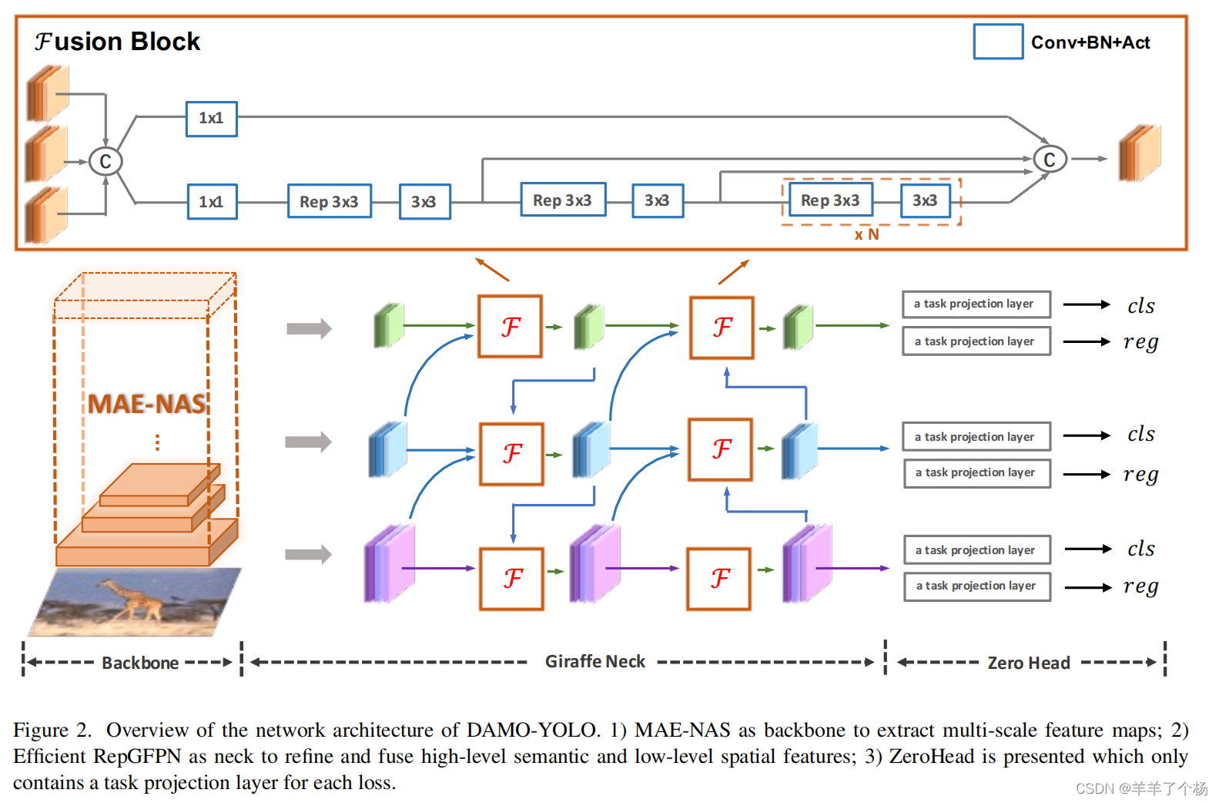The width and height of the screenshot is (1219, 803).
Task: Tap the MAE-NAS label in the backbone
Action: tap(146, 404)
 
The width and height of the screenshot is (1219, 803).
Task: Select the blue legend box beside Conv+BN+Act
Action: tap(998, 42)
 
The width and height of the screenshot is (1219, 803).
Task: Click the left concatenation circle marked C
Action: tap(105, 161)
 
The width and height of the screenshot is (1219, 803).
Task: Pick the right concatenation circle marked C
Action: tap(1049, 160)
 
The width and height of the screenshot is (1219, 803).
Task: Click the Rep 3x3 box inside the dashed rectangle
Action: tap(829, 200)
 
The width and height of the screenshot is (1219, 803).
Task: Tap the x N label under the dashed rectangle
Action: tap(866, 234)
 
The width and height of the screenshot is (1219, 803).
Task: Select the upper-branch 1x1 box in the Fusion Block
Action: tap(211, 119)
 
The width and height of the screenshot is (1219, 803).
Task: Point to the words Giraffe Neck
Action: tap(594, 661)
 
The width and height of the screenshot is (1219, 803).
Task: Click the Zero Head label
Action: tap(1028, 663)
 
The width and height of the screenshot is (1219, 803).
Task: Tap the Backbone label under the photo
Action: tap(140, 663)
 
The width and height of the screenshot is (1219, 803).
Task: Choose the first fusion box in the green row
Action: tap(510, 327)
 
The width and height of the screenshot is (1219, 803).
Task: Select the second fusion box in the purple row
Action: tap(718, 579)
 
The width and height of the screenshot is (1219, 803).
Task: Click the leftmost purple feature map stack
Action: tap(389, 563)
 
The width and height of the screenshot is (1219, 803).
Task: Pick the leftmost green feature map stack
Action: tap(389, 325)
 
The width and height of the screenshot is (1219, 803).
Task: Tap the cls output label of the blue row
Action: tap(1140, 435)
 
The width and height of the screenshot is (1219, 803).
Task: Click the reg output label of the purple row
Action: tap(1140, 586)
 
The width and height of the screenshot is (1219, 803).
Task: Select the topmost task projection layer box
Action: tap(976, 304)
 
